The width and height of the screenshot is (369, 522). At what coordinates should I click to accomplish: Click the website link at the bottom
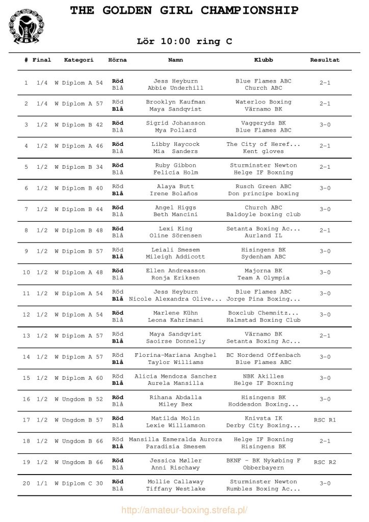(x=184, y=510)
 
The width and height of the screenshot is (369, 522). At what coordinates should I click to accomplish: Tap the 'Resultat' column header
(x=325, y=60)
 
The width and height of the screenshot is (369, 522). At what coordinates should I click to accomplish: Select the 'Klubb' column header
(x=263, y=60)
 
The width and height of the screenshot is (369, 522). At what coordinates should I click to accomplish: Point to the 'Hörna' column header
(x=118, y=60)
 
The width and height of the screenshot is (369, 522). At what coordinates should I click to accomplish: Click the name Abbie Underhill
(x=175, y=88)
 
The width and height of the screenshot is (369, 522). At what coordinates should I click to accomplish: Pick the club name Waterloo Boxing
(x=263, y=102)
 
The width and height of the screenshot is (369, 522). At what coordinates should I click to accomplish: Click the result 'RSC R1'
(x=325, y=420)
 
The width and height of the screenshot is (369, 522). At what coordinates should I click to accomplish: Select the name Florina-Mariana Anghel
(x=175, y=355)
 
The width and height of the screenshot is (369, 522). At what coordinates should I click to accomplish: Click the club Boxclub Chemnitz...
(x=263, y=313)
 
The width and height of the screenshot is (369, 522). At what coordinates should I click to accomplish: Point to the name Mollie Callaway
(x=175, y=482)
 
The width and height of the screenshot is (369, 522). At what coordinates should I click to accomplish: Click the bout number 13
(x=26, y=335)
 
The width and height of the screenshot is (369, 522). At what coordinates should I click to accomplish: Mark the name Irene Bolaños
(x=175, y=194)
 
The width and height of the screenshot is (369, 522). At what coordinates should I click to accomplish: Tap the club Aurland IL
(x=263, y=236)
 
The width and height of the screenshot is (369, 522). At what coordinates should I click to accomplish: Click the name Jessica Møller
(x=175, y=461)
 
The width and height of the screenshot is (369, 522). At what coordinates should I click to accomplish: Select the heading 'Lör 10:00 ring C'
(x=184, y=42)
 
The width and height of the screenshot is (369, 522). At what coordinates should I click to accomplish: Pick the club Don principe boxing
(x=263, y=194)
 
